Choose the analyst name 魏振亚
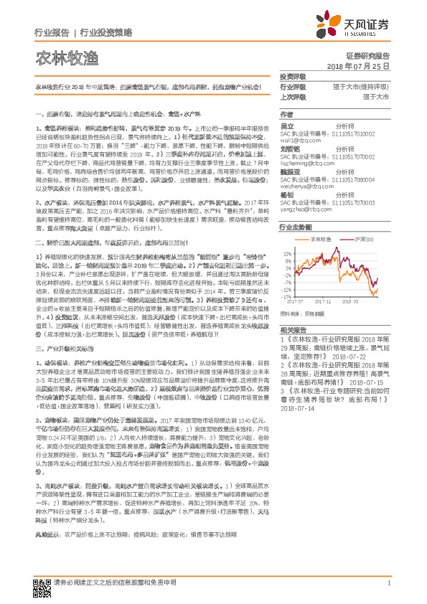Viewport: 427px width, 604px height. (x=291, y=171)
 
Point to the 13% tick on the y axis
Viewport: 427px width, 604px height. (x=286, y=253)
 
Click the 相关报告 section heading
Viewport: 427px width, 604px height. (x=294, y=326)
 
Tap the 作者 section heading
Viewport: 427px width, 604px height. (x=287, y=114)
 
